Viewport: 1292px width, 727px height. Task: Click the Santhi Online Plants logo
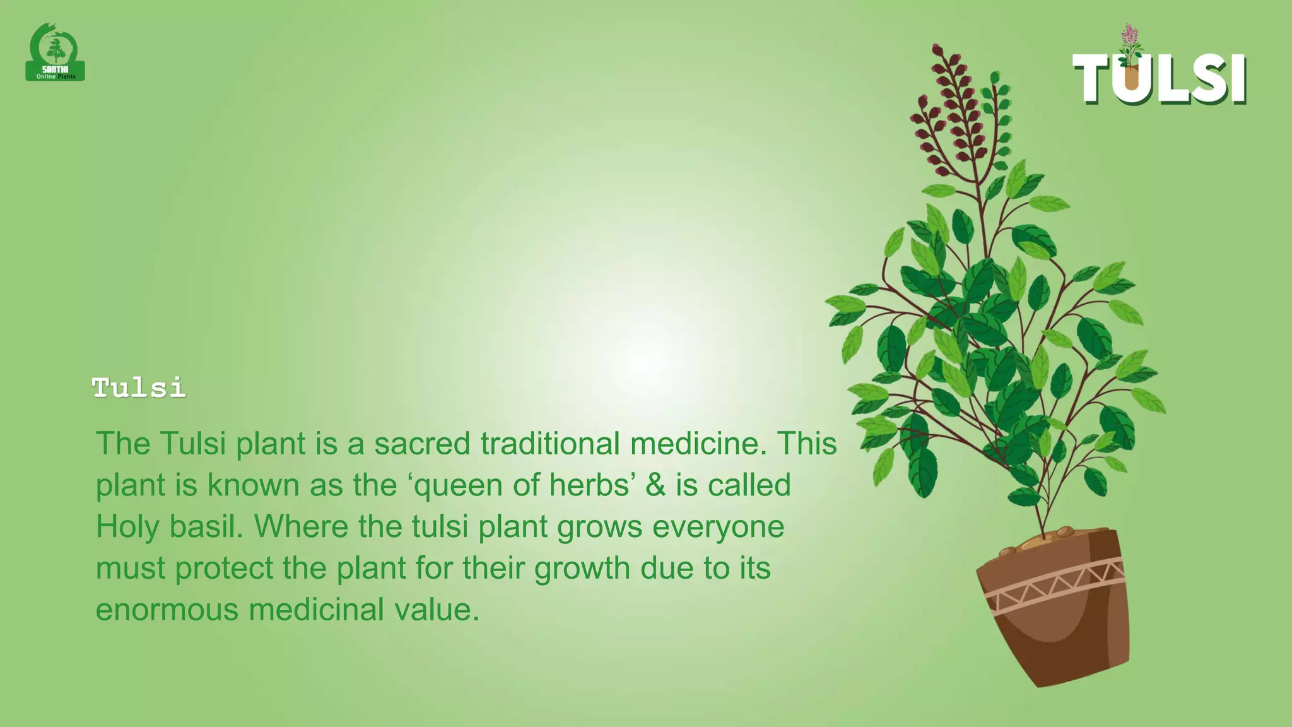(x=56, y=53)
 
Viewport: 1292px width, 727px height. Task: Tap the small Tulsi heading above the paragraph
(x=139, y=387)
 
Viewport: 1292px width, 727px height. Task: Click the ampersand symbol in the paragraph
(x=655, y=485)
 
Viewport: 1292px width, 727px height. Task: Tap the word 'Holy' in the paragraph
(x=127, y=527)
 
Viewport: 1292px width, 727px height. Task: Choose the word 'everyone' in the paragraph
(x=718, y=527)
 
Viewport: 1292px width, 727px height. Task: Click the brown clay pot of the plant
(x=1060, y=637)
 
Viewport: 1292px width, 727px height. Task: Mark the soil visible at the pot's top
(x=1041, y=541)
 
